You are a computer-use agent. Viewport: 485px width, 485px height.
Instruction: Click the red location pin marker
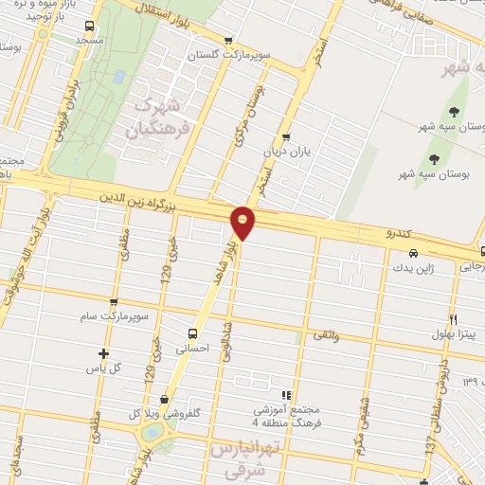pos(244,222)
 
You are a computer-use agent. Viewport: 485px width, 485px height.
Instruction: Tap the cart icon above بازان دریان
pos(286,136)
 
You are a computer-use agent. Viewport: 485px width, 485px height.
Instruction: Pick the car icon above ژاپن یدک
pos(415,253)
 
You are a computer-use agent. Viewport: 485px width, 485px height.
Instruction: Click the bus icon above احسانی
pos(193,333)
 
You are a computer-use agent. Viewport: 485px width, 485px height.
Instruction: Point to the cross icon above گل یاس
pos(103,354)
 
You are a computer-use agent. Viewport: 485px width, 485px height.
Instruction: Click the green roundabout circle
pos(150,433)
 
